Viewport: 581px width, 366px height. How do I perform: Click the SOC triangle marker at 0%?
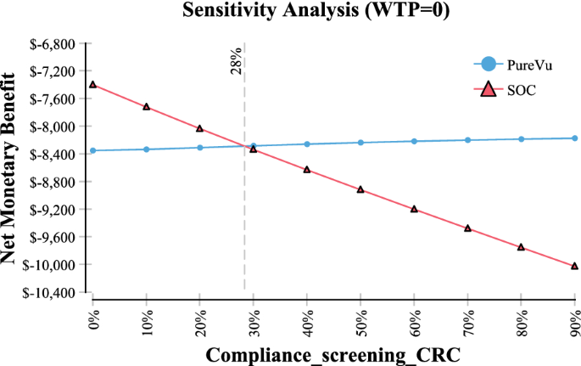[x=92, y=85]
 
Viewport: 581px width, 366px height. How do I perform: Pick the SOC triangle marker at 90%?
[x=574, y=266]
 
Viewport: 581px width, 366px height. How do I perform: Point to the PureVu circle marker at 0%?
[x=92, y=150]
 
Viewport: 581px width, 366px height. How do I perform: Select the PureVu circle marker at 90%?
[x=574, y=138]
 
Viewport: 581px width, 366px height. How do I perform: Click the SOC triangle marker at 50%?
[x=360, y=189]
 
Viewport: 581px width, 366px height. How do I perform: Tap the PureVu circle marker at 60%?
[x=414, y=141]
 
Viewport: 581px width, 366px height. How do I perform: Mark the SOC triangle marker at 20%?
[x=200, y=128]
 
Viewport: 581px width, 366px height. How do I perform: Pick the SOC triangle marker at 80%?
[x=521, y=247]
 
